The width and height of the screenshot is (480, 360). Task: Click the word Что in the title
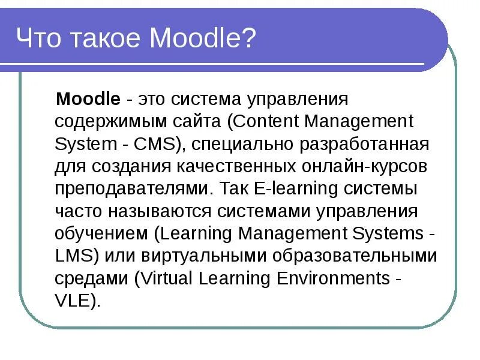point(39,40)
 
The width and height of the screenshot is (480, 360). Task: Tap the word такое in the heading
point(103,40)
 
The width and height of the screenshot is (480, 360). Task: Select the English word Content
point(266,121)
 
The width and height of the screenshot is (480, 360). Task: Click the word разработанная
point(361,144)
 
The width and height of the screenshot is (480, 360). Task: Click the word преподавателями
point(131,189)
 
